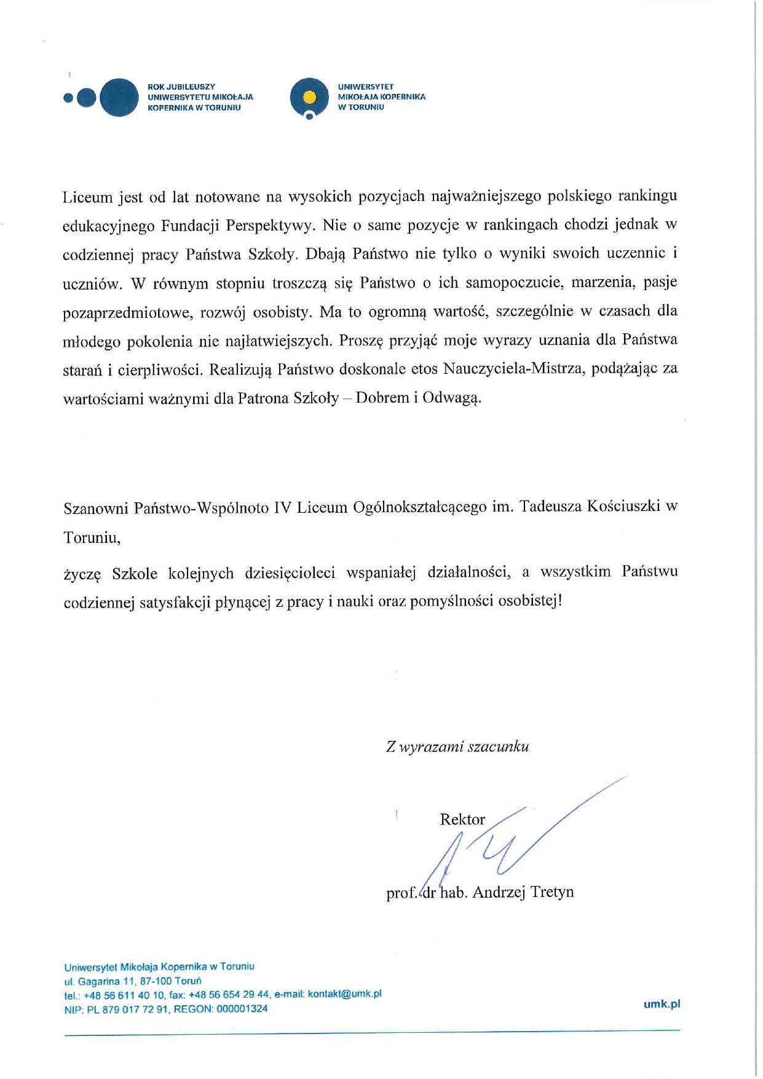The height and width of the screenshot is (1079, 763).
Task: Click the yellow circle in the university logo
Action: [x=310, y=97]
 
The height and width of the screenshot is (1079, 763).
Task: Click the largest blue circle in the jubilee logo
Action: [x=119, y=97]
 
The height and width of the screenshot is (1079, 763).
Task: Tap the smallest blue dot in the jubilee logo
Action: [x=68, y=97]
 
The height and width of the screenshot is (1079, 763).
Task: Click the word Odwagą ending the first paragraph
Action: [x=452, y=398]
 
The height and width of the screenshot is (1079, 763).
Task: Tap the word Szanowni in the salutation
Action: [x=96, y=508]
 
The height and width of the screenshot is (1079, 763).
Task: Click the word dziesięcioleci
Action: [x=290, y=573]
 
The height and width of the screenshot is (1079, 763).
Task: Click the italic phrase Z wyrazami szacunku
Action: [x=457, y=747]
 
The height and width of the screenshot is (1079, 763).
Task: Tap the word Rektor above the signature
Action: [x=462, y=820]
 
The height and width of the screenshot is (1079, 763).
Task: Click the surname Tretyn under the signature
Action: [x=551, y=891]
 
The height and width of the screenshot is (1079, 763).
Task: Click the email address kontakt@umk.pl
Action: [x=344, y=994]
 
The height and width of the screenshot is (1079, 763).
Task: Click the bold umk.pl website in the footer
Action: [x=662, y=1004]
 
